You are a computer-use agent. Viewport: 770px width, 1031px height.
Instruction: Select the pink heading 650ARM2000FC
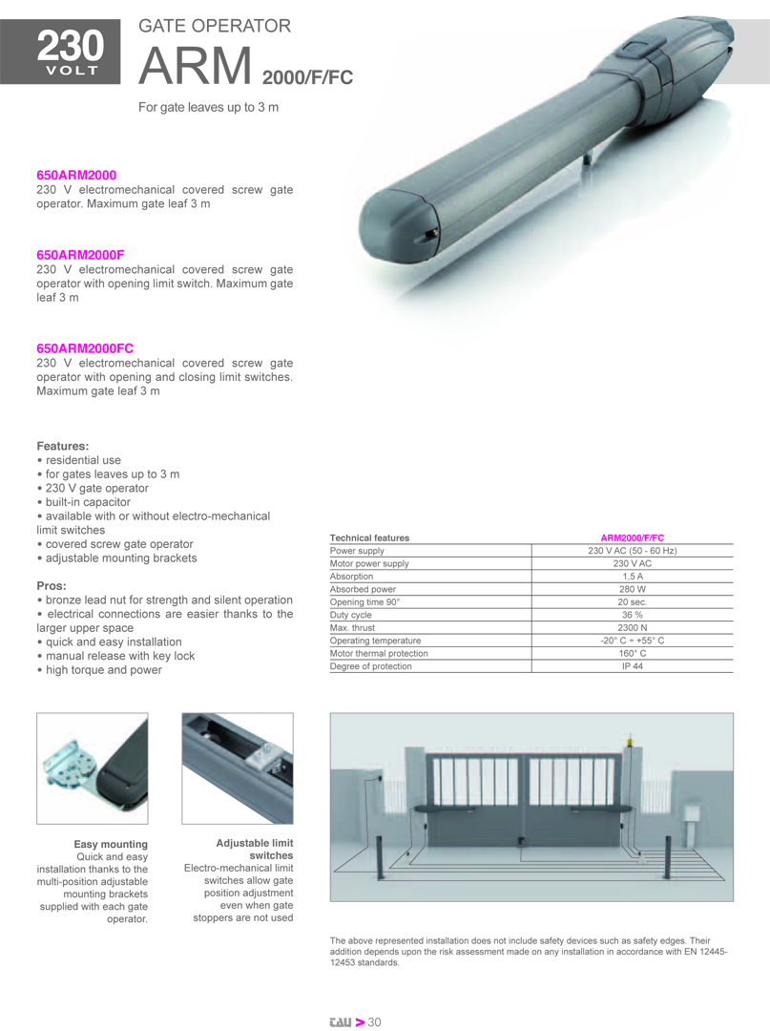pos(85,349)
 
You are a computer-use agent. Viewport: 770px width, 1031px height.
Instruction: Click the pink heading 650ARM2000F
pos(80,255)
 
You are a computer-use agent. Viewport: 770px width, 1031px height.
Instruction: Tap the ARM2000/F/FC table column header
pos(632,538)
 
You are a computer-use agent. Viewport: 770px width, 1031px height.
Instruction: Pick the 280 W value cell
pos(632,590)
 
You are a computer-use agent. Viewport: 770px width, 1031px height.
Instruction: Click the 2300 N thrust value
pos(632,628)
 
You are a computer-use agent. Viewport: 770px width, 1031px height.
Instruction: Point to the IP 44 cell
pos(632,666)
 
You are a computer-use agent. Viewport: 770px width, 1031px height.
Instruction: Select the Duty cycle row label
pos(351,616)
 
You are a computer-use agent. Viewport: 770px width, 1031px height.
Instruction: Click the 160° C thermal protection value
pos(632,654)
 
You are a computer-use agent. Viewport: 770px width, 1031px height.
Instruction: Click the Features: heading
pos(63,446)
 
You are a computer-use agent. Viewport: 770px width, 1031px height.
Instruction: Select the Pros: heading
pos(52,585)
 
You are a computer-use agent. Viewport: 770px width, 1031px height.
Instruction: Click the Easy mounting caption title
pos(111,844)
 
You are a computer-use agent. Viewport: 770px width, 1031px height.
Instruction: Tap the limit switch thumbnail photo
pos(237,768)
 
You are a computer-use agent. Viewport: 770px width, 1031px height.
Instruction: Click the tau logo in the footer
pos(340,1022)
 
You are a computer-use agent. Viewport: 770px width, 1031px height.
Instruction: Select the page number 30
pos(375,1022)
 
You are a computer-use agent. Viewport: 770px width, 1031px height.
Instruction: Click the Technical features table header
pos(369,538)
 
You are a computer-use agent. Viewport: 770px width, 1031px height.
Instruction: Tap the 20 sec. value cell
pos(632,602)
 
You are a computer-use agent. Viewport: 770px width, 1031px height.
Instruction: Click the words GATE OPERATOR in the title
pos(215,27)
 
